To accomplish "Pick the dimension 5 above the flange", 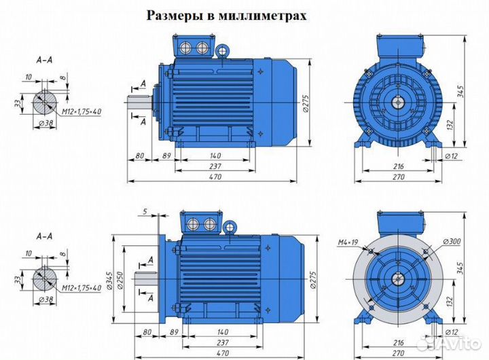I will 145,212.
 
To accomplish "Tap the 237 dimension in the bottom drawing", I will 214,342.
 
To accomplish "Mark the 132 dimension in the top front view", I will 452,124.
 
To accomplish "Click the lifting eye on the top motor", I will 221,50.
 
